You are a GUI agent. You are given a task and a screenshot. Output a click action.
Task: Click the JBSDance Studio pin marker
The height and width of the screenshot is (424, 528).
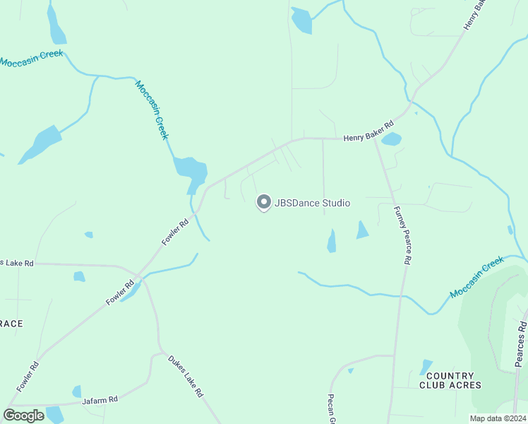coord(263,203)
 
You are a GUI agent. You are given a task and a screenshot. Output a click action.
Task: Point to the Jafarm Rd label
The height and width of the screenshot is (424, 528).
coord(99,400)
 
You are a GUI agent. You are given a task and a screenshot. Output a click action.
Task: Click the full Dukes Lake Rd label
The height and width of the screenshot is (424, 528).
coord(186,375)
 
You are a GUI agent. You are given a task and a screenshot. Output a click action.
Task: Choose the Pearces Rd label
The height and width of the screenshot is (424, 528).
coord(521,345)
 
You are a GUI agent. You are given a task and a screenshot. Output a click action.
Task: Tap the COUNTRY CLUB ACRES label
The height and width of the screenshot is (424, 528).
coord(450,380)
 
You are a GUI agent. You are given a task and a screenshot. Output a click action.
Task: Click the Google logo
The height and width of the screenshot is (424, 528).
coord(23,416)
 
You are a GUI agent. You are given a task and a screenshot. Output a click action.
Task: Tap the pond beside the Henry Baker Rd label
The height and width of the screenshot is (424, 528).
coord(391,139)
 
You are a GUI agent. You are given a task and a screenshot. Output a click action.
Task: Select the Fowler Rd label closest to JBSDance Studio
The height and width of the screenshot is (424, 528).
coord(175,231)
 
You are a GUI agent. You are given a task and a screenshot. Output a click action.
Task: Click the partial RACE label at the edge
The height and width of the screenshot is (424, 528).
coord(11,324)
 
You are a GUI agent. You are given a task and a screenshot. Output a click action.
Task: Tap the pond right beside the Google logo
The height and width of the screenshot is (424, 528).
coord(55,414)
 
